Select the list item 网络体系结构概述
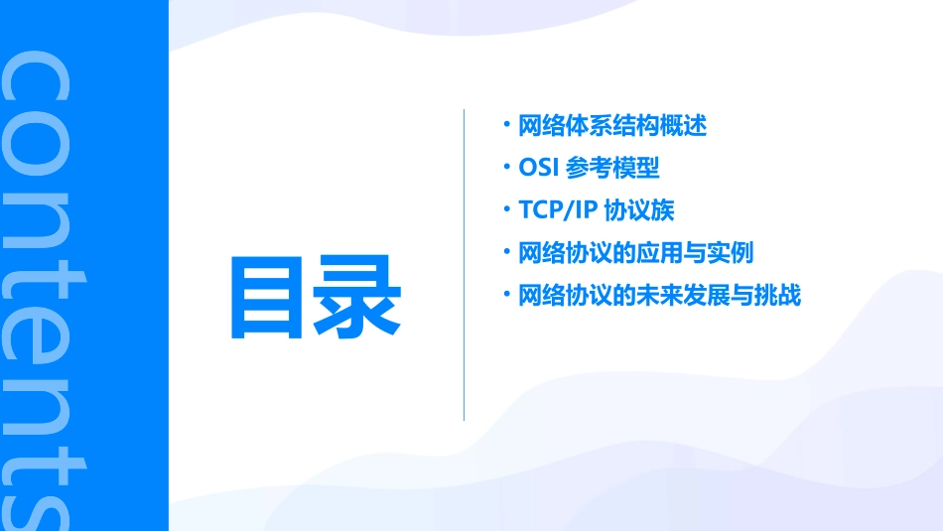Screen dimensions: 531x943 click(x=612, y=126)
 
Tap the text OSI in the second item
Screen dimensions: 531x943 click(x=538, y=169)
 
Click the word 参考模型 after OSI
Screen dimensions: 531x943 click(x=613, y=169)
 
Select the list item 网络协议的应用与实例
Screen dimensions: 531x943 click(x=636, y=253)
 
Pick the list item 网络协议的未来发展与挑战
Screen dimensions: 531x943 click(x=659, y=296)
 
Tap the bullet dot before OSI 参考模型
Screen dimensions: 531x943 click(x=506, y=167)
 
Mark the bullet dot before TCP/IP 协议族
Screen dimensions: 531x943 click(x=506, y=208)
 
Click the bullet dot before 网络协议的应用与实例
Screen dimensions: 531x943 click(x=506, y=251)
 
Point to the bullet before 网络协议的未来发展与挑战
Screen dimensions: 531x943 click(x=506, y=294)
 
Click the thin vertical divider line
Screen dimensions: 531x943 click(x=465, y=265)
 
